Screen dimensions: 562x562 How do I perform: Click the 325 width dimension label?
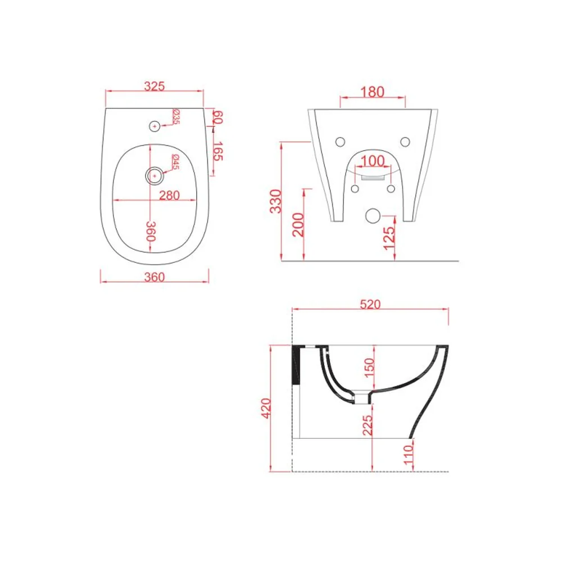point(154,86)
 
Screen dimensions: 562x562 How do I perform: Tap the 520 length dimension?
point(370,304)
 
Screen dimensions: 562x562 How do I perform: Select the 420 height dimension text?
point(266,408)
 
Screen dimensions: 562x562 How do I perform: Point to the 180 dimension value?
point(373,92)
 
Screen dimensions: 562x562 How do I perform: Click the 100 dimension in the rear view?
point(373,161)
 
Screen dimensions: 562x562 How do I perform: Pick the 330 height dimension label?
point(276,201)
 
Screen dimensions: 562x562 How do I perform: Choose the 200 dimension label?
point(298,224)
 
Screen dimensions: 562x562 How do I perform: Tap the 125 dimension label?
point(389,238)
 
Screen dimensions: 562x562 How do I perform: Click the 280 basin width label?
point(169,196)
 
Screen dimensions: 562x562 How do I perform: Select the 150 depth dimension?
point(369,368)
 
